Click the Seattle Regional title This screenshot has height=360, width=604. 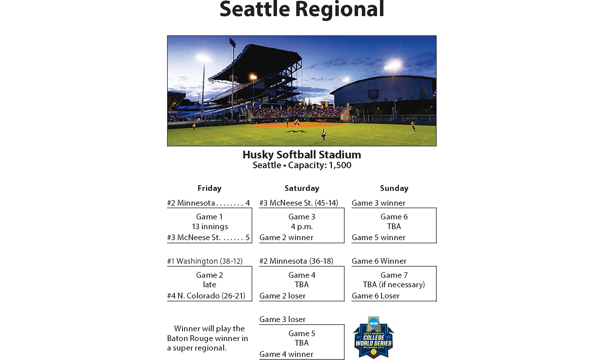pos(302,9)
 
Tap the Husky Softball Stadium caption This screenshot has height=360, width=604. pos(302,155)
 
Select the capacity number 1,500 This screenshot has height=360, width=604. pos(340,165)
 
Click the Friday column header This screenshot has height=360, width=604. pos(209,188)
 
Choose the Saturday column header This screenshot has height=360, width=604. pos(302,188)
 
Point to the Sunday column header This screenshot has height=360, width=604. pos(394,188)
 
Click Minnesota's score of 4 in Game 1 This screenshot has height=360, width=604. pos(248,203)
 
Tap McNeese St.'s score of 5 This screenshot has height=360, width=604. pos(248,238)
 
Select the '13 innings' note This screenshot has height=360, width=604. pos(210,227)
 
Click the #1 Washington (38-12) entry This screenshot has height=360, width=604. pos(205,261)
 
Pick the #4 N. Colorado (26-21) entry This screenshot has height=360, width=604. pos(206,296)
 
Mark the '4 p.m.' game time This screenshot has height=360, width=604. pos(302,227)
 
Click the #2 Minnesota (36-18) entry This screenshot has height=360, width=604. pos(296,261)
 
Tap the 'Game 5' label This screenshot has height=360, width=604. pos(302,334)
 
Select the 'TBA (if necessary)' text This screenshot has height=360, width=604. pos(394,285)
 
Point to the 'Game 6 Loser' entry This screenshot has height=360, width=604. pos(376,296)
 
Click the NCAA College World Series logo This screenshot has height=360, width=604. pos(374,338)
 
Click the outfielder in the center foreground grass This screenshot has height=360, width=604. pos(324,135)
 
